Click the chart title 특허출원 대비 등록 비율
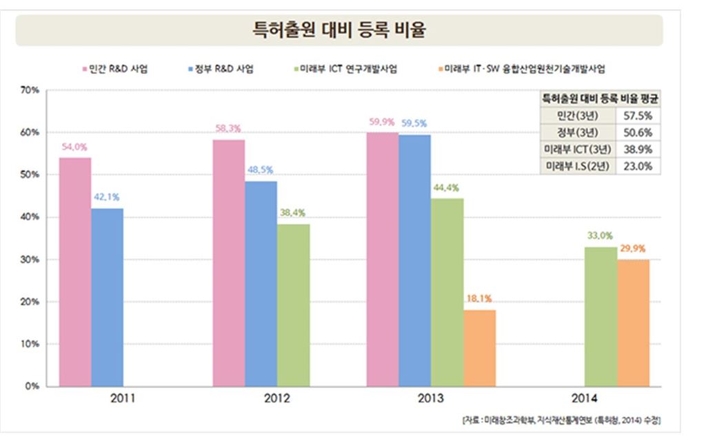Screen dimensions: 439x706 pos(339,30)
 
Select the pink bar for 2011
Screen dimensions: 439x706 pos(75,272)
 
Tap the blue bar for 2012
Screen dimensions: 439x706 pos(261,283)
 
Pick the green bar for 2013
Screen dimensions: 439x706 pos(447,292)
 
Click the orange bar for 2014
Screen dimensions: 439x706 pos(633,323)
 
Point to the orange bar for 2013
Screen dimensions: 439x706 pos(479,348)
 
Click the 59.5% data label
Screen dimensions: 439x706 pos(414,123)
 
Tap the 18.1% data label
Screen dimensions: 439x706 pos(479,299)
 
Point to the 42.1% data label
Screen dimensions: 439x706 pos(107,197)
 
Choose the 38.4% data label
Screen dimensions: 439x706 pos(293,213)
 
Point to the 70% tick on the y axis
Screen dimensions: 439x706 pos(30,90)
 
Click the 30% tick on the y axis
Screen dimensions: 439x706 pos(30,260)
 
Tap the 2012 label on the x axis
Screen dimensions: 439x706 pos(276,398)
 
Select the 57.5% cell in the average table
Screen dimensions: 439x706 pos(638,114)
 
